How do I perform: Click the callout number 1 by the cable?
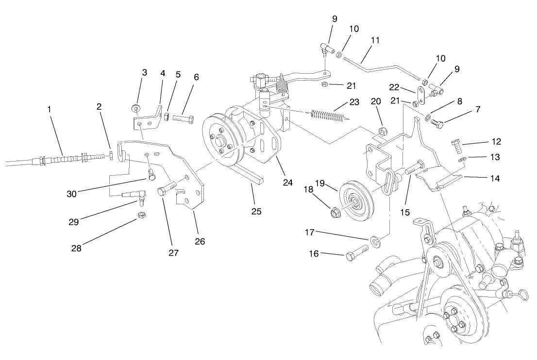tap(49, 110)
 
